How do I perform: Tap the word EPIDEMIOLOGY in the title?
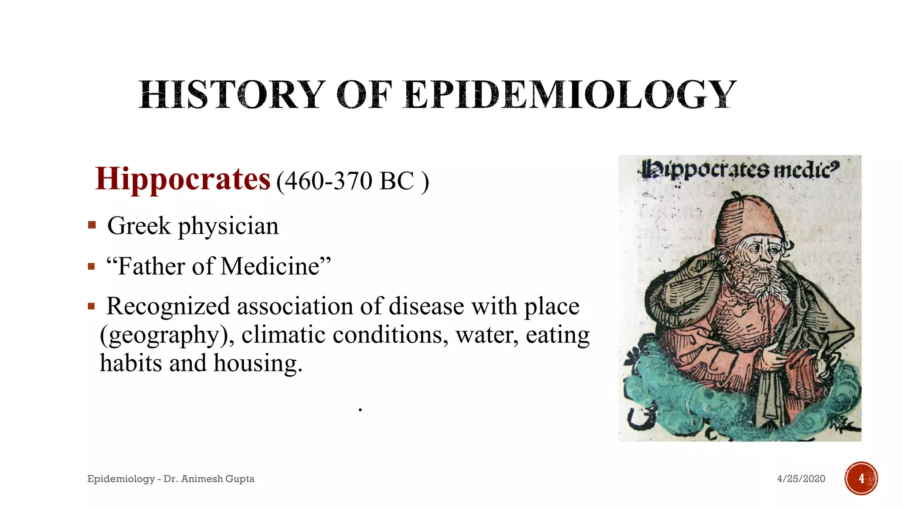tap(570, 94)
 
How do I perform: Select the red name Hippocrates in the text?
tap(183, 179)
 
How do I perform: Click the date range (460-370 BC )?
tap(352, 181)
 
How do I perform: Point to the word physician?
tap(228, 226)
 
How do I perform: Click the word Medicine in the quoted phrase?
tap(270, 266)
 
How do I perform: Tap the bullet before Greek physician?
tap(92, 226)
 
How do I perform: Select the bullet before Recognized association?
tap(91, 306)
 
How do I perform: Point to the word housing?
tap(258, 363)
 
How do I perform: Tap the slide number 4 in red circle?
tap(861, 478)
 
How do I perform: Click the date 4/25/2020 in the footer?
tap(801, 479)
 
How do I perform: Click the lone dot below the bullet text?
tap(360, 410)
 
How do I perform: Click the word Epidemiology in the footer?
tap(121, 479)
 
